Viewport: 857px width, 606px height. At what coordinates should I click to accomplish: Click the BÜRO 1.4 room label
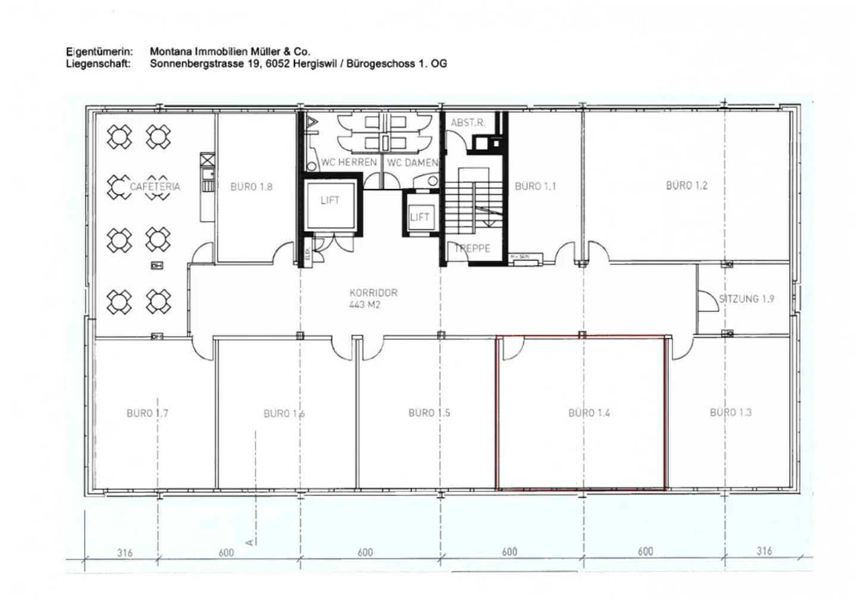coord(589,412)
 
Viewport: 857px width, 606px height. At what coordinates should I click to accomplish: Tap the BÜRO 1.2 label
coord(686,185)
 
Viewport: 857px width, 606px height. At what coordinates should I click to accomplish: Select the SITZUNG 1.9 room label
coord(746,299)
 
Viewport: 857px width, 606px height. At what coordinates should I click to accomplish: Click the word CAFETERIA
coord(155,187)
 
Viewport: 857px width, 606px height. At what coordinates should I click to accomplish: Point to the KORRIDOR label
coord(373,293)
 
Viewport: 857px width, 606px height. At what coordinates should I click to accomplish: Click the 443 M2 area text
coord(365,304)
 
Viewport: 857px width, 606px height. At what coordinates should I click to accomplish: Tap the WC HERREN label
coord(349,162)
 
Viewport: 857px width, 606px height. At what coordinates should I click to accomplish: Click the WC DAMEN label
coord(412,162)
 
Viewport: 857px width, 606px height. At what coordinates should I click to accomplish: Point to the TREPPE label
coord(473,248)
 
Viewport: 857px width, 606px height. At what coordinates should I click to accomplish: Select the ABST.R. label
coord(468,123)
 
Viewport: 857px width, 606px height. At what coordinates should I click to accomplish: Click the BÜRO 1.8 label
coord(251,187)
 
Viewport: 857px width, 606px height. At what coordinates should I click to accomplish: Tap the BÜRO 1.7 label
coord(147,413)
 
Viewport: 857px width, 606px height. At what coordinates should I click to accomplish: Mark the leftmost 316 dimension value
coord(124,552)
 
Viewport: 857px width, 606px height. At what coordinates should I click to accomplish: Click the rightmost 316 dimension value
coord(764,551)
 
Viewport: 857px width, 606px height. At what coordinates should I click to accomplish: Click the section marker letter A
coord(251,542)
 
